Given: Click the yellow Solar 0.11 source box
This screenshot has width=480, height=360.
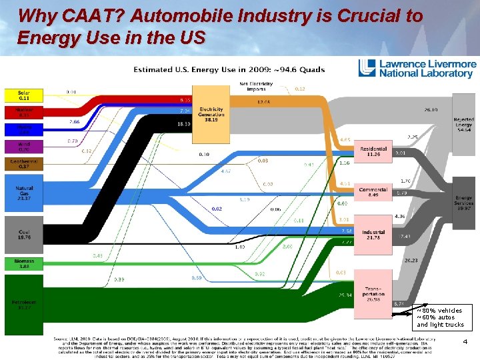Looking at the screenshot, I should pos(22,95).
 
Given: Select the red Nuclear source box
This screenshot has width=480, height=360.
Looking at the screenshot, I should pos(22,112).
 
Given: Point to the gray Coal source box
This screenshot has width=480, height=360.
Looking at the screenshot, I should pos(24,233).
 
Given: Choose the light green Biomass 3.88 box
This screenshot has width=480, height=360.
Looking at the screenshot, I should pos(24,264).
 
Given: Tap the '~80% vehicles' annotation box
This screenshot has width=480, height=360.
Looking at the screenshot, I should pos(441,317).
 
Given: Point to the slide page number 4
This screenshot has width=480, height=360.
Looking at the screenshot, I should pos(465,341).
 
